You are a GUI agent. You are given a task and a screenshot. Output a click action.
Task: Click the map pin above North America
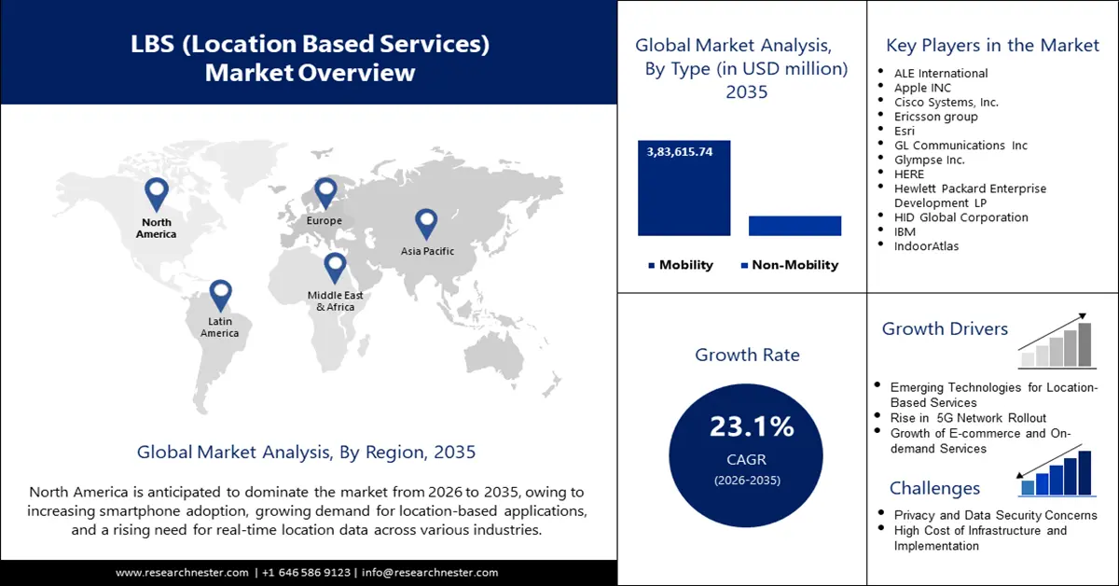point(156,193)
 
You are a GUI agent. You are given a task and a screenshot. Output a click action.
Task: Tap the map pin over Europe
point(325,192)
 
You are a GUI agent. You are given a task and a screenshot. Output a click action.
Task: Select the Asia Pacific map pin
point(426,222)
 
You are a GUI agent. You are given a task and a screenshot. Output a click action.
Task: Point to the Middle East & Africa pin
point(335,267)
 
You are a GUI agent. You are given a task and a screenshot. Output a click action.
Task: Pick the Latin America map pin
point(220,294)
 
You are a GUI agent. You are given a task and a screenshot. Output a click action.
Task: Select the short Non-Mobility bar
point(794,225)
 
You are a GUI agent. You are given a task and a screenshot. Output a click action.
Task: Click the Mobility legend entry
point(681,265)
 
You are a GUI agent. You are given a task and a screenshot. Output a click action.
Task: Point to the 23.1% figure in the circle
point(752,427)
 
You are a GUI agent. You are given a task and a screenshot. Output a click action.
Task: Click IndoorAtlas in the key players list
point(926,246)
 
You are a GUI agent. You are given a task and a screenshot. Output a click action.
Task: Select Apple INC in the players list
point(922,88)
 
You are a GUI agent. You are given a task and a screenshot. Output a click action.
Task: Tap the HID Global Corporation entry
point(960,217)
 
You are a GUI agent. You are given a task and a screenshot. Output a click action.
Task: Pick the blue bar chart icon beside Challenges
point(1056,473)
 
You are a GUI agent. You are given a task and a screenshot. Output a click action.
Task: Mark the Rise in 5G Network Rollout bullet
point(968,418)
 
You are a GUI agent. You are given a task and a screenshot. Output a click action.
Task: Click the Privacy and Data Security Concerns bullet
point(995,515)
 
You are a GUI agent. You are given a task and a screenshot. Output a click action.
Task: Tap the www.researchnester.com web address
point(182,572)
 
